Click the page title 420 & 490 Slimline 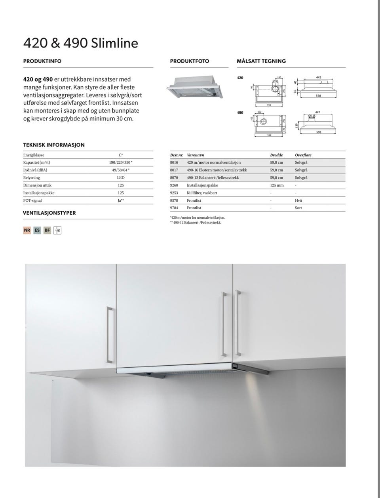tap(81, 43)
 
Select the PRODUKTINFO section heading tap(42, 61)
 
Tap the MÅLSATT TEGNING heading tap(261, 61)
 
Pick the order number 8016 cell tap(174, 162)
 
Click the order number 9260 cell tap(174, 185)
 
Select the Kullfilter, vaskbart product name tap(202, 193)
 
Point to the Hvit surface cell tap(298, 200)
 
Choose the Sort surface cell tap(298, 208)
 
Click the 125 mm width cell tap(277, 185)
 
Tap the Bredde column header tap(276, 155)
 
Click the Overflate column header tap(303, 155)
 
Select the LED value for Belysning tap(121, 177)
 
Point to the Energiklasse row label tap(34, 155)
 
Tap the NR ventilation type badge tap(27, 230)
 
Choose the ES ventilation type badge tap(37, 230)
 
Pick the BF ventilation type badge tap(47, 230)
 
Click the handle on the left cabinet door tap(109, 335)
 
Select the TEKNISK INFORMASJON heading tap(54, 145)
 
